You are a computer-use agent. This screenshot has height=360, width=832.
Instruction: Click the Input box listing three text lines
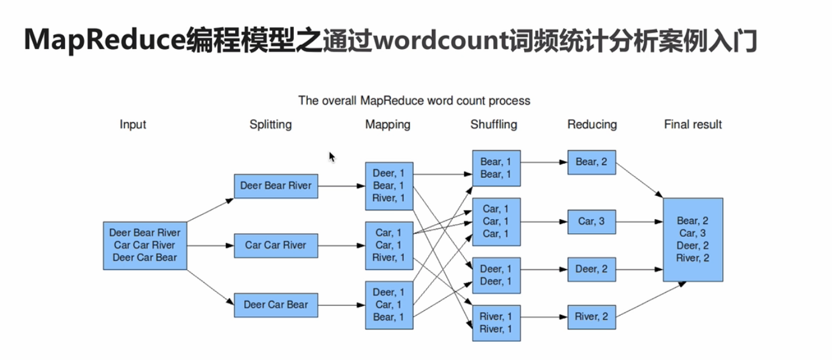click(x=145, y=245)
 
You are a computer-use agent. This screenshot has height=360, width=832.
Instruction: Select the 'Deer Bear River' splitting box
click(x=276, y=186)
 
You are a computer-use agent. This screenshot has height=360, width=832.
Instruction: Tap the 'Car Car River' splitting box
click(x=276, y=245)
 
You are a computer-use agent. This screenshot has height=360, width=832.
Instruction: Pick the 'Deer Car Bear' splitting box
click(x=276, y=305)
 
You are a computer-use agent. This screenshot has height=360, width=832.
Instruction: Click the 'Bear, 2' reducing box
click(x=592, y=162)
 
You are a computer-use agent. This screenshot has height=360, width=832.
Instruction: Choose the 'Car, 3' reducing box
click(x=592, y=222)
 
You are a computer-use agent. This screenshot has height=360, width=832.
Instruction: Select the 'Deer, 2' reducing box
click(x=592, y=269)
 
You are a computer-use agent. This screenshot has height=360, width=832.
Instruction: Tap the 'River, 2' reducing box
click(x=592, y=316)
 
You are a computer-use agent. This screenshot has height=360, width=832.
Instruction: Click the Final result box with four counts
click(x=693, y=239)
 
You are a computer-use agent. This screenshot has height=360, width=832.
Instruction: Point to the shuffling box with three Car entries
click(x=496, y=222)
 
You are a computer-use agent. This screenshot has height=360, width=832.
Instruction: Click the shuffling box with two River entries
click(x=496, y=322)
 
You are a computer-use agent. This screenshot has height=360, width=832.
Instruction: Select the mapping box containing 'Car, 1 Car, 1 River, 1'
click(x=389, y=245)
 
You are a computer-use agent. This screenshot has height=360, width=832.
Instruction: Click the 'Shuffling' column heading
click(x=494, y=124)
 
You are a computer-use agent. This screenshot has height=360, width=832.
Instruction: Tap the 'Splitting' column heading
click(x=270, y=124)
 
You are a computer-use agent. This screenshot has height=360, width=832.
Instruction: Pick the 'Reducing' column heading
click(x=592, y=124)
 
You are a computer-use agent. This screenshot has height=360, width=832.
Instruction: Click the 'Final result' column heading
click(x=693, y=124)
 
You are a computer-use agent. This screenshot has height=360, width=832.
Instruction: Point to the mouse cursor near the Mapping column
click(x=332, y=157)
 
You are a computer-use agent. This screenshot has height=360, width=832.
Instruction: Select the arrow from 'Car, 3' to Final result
click(x=638, y=222)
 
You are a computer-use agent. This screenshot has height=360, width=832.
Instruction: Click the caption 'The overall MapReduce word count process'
click(x=414, y=101)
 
